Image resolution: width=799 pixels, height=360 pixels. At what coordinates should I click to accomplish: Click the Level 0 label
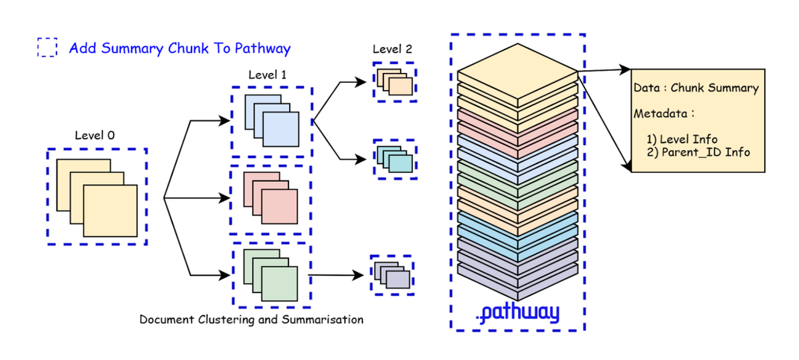tap(95, 135)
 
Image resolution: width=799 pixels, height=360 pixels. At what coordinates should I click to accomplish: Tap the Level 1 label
tap(268, 75)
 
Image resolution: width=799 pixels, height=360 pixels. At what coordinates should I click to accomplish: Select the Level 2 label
tap(392, 49)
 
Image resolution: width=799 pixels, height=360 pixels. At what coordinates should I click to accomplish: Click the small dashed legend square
tap(47, 48)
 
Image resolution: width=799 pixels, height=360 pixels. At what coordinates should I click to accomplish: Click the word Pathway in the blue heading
tap(262, 48)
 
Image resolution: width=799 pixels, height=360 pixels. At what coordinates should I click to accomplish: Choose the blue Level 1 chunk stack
tap(271, 121)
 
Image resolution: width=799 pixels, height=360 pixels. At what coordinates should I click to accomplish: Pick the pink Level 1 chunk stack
tap(271, 199)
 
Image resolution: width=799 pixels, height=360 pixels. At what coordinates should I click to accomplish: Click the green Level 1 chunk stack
tap(271, 274)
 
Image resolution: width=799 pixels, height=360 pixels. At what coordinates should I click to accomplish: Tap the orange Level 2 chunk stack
tap(394, 80)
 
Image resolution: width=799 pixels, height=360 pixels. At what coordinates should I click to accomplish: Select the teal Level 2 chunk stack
tap(394, 158)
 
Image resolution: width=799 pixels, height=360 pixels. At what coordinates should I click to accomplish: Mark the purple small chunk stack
tap(392, 275)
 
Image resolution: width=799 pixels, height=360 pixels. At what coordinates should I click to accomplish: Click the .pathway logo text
tap(517, 312)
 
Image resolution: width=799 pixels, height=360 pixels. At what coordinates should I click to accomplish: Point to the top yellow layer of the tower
tap(517, 72)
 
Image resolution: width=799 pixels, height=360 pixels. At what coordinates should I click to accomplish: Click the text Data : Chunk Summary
tap(695, 88)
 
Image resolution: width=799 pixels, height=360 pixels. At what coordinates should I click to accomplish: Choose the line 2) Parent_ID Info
tap(699, 152)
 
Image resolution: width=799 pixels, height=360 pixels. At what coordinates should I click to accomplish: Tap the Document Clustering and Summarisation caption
tap(251, 320)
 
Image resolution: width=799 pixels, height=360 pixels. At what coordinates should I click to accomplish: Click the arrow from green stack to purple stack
tap(339, 275)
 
